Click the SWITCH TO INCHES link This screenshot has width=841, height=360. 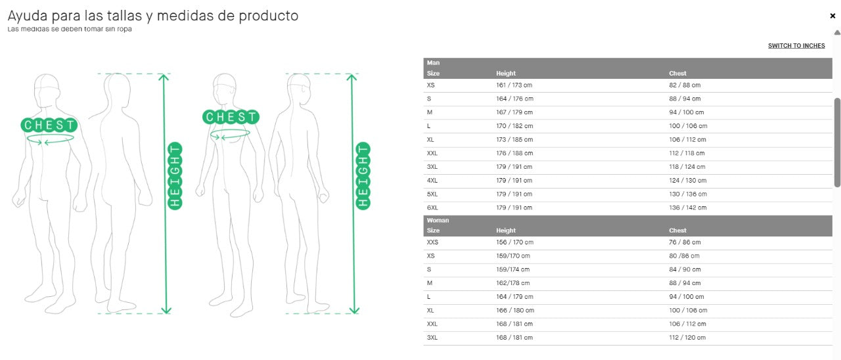click(796, 46)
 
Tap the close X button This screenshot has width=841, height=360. click(832, 16)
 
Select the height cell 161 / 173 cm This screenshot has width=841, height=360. click(514, 85)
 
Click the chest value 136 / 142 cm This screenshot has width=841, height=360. click(688, 208)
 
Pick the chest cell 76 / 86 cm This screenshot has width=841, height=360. click(685, 242)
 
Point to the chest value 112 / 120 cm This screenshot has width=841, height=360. click(687, 338)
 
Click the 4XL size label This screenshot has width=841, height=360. click(432, 181)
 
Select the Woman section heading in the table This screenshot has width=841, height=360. click(438, 221)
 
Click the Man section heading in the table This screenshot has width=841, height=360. click(433, 63)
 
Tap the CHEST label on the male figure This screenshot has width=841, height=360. click(49, 125)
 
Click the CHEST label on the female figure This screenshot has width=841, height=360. click(231, 118)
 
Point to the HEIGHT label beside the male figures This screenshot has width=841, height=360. click(175, 175)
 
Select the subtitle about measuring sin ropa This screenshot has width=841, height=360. click(70, 29)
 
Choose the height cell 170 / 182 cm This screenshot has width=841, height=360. click(514, 126)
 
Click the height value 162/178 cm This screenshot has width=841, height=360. click(512, 283)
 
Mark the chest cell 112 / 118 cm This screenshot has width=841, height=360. click(687, 153)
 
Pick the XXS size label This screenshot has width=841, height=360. click(432, 242)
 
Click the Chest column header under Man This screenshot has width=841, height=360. click(677, 74)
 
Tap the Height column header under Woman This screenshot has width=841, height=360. click(506, 231)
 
